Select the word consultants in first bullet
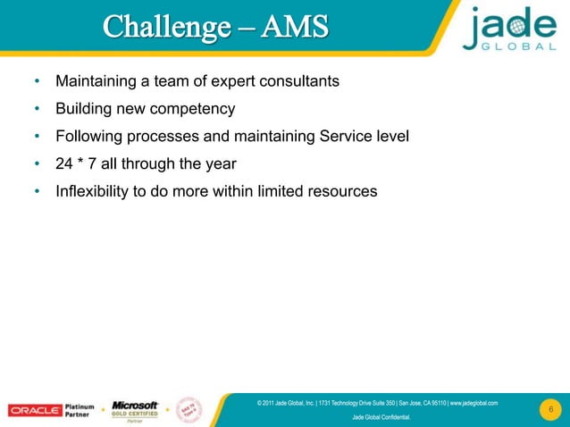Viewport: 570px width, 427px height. pos(299,83)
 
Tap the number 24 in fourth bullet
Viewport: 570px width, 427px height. pos(64,163)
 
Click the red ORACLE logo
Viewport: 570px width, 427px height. pos(35,410)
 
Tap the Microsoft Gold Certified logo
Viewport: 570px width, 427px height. pos(135,410)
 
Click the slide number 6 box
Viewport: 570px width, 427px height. pos(551,410)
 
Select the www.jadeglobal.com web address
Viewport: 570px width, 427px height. pos(474,403)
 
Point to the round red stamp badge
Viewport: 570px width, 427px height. pos(191,406)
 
